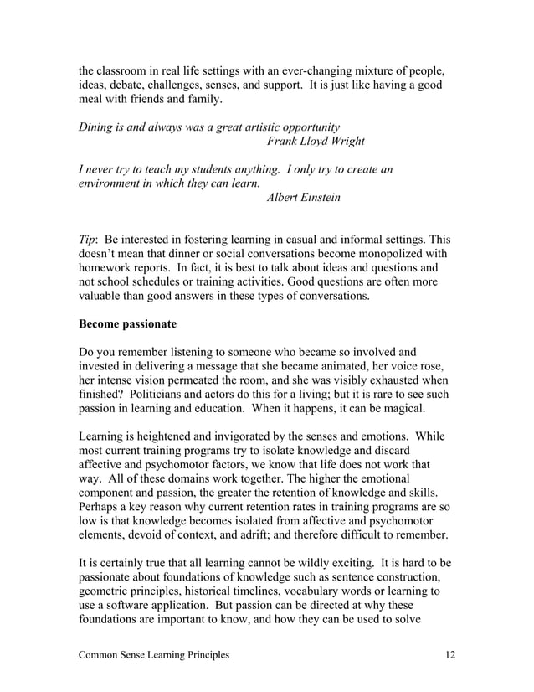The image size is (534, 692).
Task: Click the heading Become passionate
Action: click(126, 323)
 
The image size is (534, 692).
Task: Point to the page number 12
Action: click(451, 654)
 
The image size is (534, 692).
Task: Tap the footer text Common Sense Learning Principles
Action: click(154, 654)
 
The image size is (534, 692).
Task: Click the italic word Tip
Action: click(86, 239)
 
